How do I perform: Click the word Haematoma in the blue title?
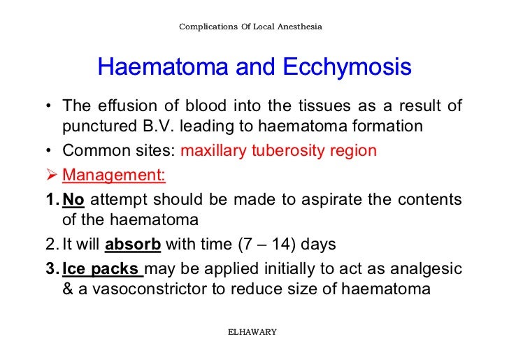click(x=163, y=68)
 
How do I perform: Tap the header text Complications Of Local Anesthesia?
click(x=250, y=27)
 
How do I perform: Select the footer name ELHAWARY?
click(x=252, y=331)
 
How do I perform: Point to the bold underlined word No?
click(x=73, y=200)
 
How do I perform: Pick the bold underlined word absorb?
click(x=133, y=245)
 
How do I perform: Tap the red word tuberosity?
click(x=289, y=151)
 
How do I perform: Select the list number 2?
click(x=51, y=245)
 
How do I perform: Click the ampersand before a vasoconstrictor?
click(x=68, y=289)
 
